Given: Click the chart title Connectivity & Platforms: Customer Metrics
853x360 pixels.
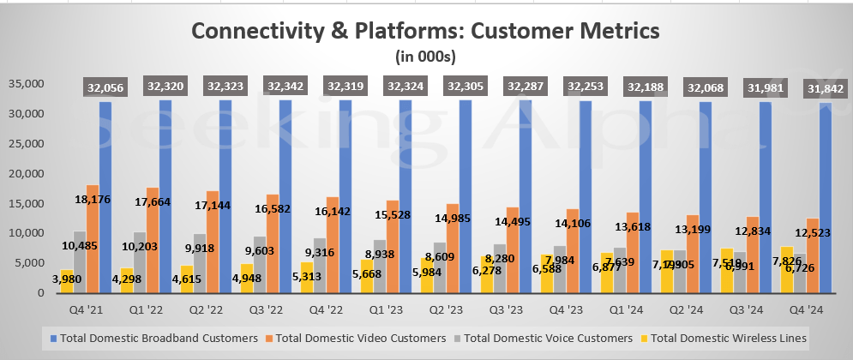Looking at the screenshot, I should (426, 31).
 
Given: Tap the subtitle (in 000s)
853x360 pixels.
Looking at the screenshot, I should (426, 57).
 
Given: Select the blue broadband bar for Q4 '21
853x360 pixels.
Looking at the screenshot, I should (105, 197).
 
